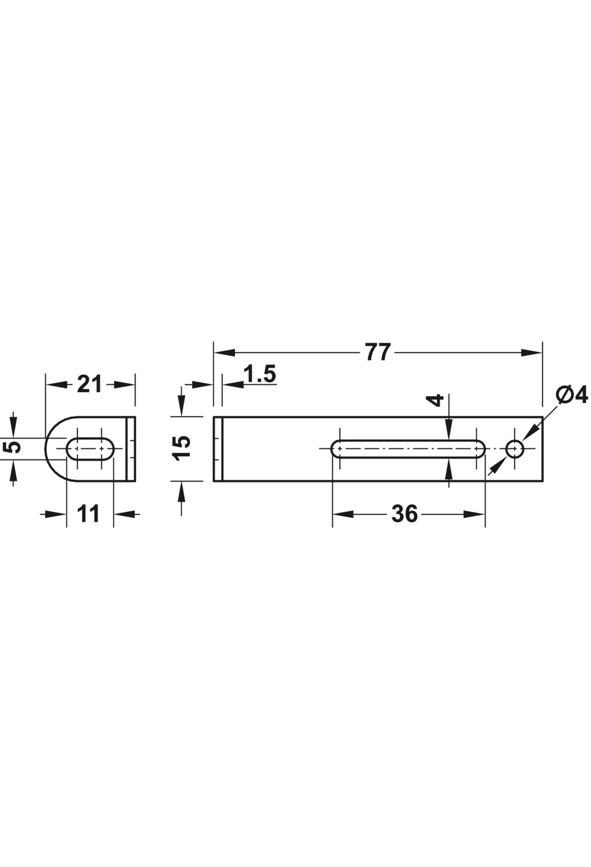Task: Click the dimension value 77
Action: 378,353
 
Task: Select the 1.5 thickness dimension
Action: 260,374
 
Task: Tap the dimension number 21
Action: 90,384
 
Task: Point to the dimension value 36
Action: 404,514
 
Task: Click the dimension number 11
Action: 89,514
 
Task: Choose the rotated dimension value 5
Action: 14,447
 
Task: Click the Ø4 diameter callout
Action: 572,395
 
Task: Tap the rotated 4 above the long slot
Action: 435,400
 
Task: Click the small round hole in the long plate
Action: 515,449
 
